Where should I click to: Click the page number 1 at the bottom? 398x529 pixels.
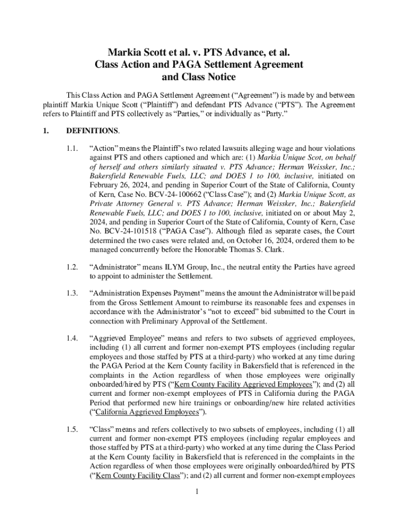click(198, 491)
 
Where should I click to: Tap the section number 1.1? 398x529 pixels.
click(71, 148)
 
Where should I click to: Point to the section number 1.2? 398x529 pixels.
click(71, 267)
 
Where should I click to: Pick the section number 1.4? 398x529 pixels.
click(71, 338)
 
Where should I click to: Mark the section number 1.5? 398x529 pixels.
click(71, 429)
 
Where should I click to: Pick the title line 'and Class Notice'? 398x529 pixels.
click(198, 77)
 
